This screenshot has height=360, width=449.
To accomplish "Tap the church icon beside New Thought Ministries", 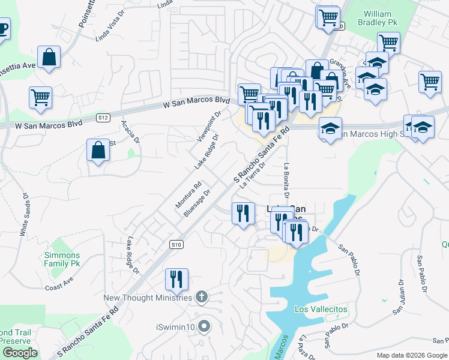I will click(x=202, y=297).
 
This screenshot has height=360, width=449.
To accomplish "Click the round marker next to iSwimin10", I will click(x=205, y=327).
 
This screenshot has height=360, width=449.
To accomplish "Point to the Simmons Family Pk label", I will click(x=62, y=259).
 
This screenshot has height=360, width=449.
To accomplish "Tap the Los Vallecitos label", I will click(x=321, y=309).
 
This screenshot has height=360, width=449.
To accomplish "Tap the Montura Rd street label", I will click(x=184, y=193).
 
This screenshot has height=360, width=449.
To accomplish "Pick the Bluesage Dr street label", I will click(x=197, y=204).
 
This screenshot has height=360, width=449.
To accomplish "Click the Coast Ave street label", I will click(x=59, y=284).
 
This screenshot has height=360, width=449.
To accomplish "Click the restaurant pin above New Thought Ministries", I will click(x=176, y=279).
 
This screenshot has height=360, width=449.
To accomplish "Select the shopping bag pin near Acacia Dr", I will click(x=98, y=151).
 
